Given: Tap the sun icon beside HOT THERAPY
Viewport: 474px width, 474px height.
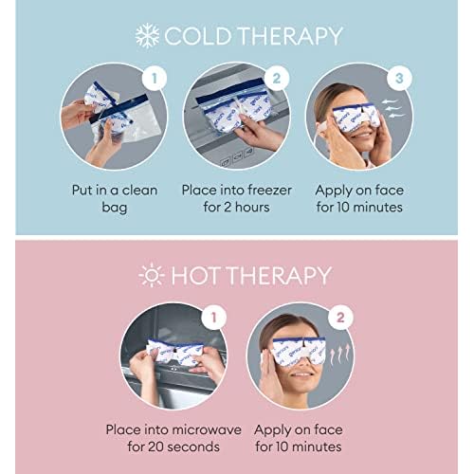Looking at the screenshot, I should (150, 277).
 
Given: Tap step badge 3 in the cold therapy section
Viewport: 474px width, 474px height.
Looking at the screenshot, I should (399, 73).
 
